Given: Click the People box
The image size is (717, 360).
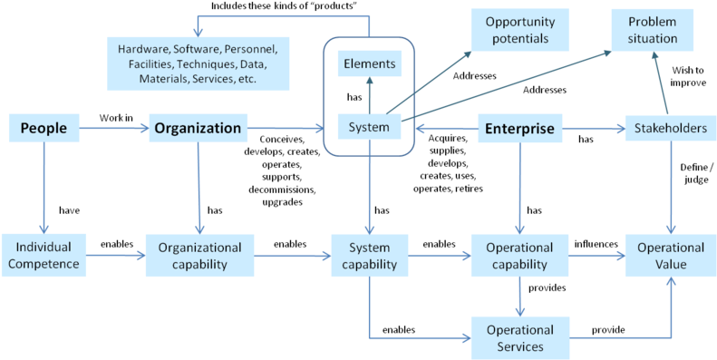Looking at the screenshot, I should pyautogui.click(x=44, y=129).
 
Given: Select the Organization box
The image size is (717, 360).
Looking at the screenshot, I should pyautogui.click(x=198, y=129).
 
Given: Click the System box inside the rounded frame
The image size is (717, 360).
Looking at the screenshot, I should pyautogui.click(x=368, y=128).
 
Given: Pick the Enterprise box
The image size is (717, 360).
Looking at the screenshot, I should pyautogui.click(x=519, y=129).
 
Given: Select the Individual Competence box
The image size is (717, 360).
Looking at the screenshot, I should pyautogui.click(x=44, y=256).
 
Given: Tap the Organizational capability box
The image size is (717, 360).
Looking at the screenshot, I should pyautogui.click(x=199, y=256).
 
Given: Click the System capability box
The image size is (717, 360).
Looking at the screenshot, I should pyautogui.click(x=368, y=256).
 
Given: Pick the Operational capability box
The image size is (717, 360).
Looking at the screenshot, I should pyautogui.click(x=519, y=256).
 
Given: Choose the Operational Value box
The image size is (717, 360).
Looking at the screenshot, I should pyautogui.click(x=670, y=256).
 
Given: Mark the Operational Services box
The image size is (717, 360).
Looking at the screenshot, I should pyautogui.click(x=519, y=337).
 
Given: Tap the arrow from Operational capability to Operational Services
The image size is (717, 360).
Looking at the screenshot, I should pyautogui.click(x=519, y=297).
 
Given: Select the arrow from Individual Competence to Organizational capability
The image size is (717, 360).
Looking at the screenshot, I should pyautogui.click(x=116, y=257).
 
